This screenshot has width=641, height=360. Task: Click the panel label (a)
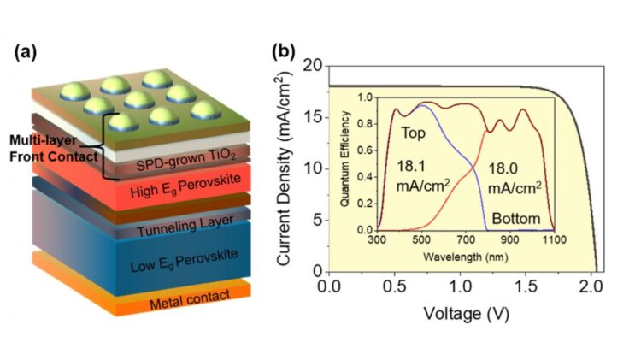(26, 52)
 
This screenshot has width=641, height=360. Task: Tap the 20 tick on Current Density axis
(315, 66)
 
